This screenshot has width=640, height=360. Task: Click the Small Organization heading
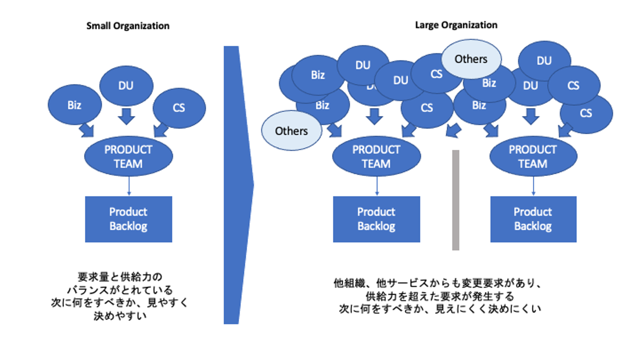coord(128,26)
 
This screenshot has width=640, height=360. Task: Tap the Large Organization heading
coord(456,25)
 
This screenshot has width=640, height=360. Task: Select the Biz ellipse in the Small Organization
coord(74,105)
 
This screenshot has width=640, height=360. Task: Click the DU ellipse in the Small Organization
coord(126,86)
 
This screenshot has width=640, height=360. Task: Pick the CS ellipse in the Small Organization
coord(179,108)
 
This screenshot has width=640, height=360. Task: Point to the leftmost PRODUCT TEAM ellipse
coord(128,156)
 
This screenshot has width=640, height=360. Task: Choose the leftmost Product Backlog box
coord(128,219)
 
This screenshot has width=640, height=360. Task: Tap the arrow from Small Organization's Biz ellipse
coord(86,130)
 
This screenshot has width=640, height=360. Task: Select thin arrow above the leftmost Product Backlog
coord(128,186)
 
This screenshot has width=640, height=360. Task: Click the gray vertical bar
coord(456,200)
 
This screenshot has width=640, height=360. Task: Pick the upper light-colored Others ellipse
coord(471,59)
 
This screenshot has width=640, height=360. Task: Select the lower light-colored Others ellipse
coord(291,131)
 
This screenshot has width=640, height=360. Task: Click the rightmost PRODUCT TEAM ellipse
coord(533,156)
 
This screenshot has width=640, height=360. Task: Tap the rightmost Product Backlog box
coord(533,219)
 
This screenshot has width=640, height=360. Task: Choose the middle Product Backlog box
coord(376,219)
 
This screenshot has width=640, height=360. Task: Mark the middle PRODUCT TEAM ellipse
coord(376,156)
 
